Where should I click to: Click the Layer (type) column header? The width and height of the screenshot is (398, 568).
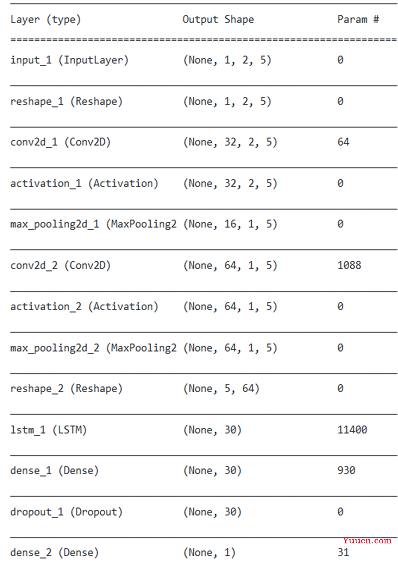46,19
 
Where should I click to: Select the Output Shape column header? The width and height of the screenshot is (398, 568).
218,19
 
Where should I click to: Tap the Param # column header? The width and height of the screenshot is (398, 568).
358,19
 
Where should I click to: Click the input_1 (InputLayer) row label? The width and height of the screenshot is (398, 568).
69,60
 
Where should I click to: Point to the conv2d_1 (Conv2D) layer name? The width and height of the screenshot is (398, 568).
60,142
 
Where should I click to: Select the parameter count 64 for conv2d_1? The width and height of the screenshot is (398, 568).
343,142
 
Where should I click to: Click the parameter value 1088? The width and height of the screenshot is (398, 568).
349,265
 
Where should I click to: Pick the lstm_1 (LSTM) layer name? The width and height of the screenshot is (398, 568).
49,430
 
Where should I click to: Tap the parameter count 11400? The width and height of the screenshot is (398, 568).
352,430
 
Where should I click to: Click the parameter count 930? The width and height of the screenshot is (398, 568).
346,470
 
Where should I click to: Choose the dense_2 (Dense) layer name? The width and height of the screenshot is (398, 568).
54,553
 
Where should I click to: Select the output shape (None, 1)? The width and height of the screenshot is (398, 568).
209,553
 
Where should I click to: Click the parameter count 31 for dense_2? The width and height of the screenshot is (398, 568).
343,553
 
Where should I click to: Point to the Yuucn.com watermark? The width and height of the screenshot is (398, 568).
367,541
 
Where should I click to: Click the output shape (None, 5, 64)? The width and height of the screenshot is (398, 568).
221,389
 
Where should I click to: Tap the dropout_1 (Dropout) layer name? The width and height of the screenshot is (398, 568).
66,512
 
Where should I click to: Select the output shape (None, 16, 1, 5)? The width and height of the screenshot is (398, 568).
230,224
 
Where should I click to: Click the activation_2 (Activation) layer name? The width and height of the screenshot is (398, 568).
84,307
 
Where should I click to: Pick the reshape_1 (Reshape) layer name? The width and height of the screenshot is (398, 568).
66,101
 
